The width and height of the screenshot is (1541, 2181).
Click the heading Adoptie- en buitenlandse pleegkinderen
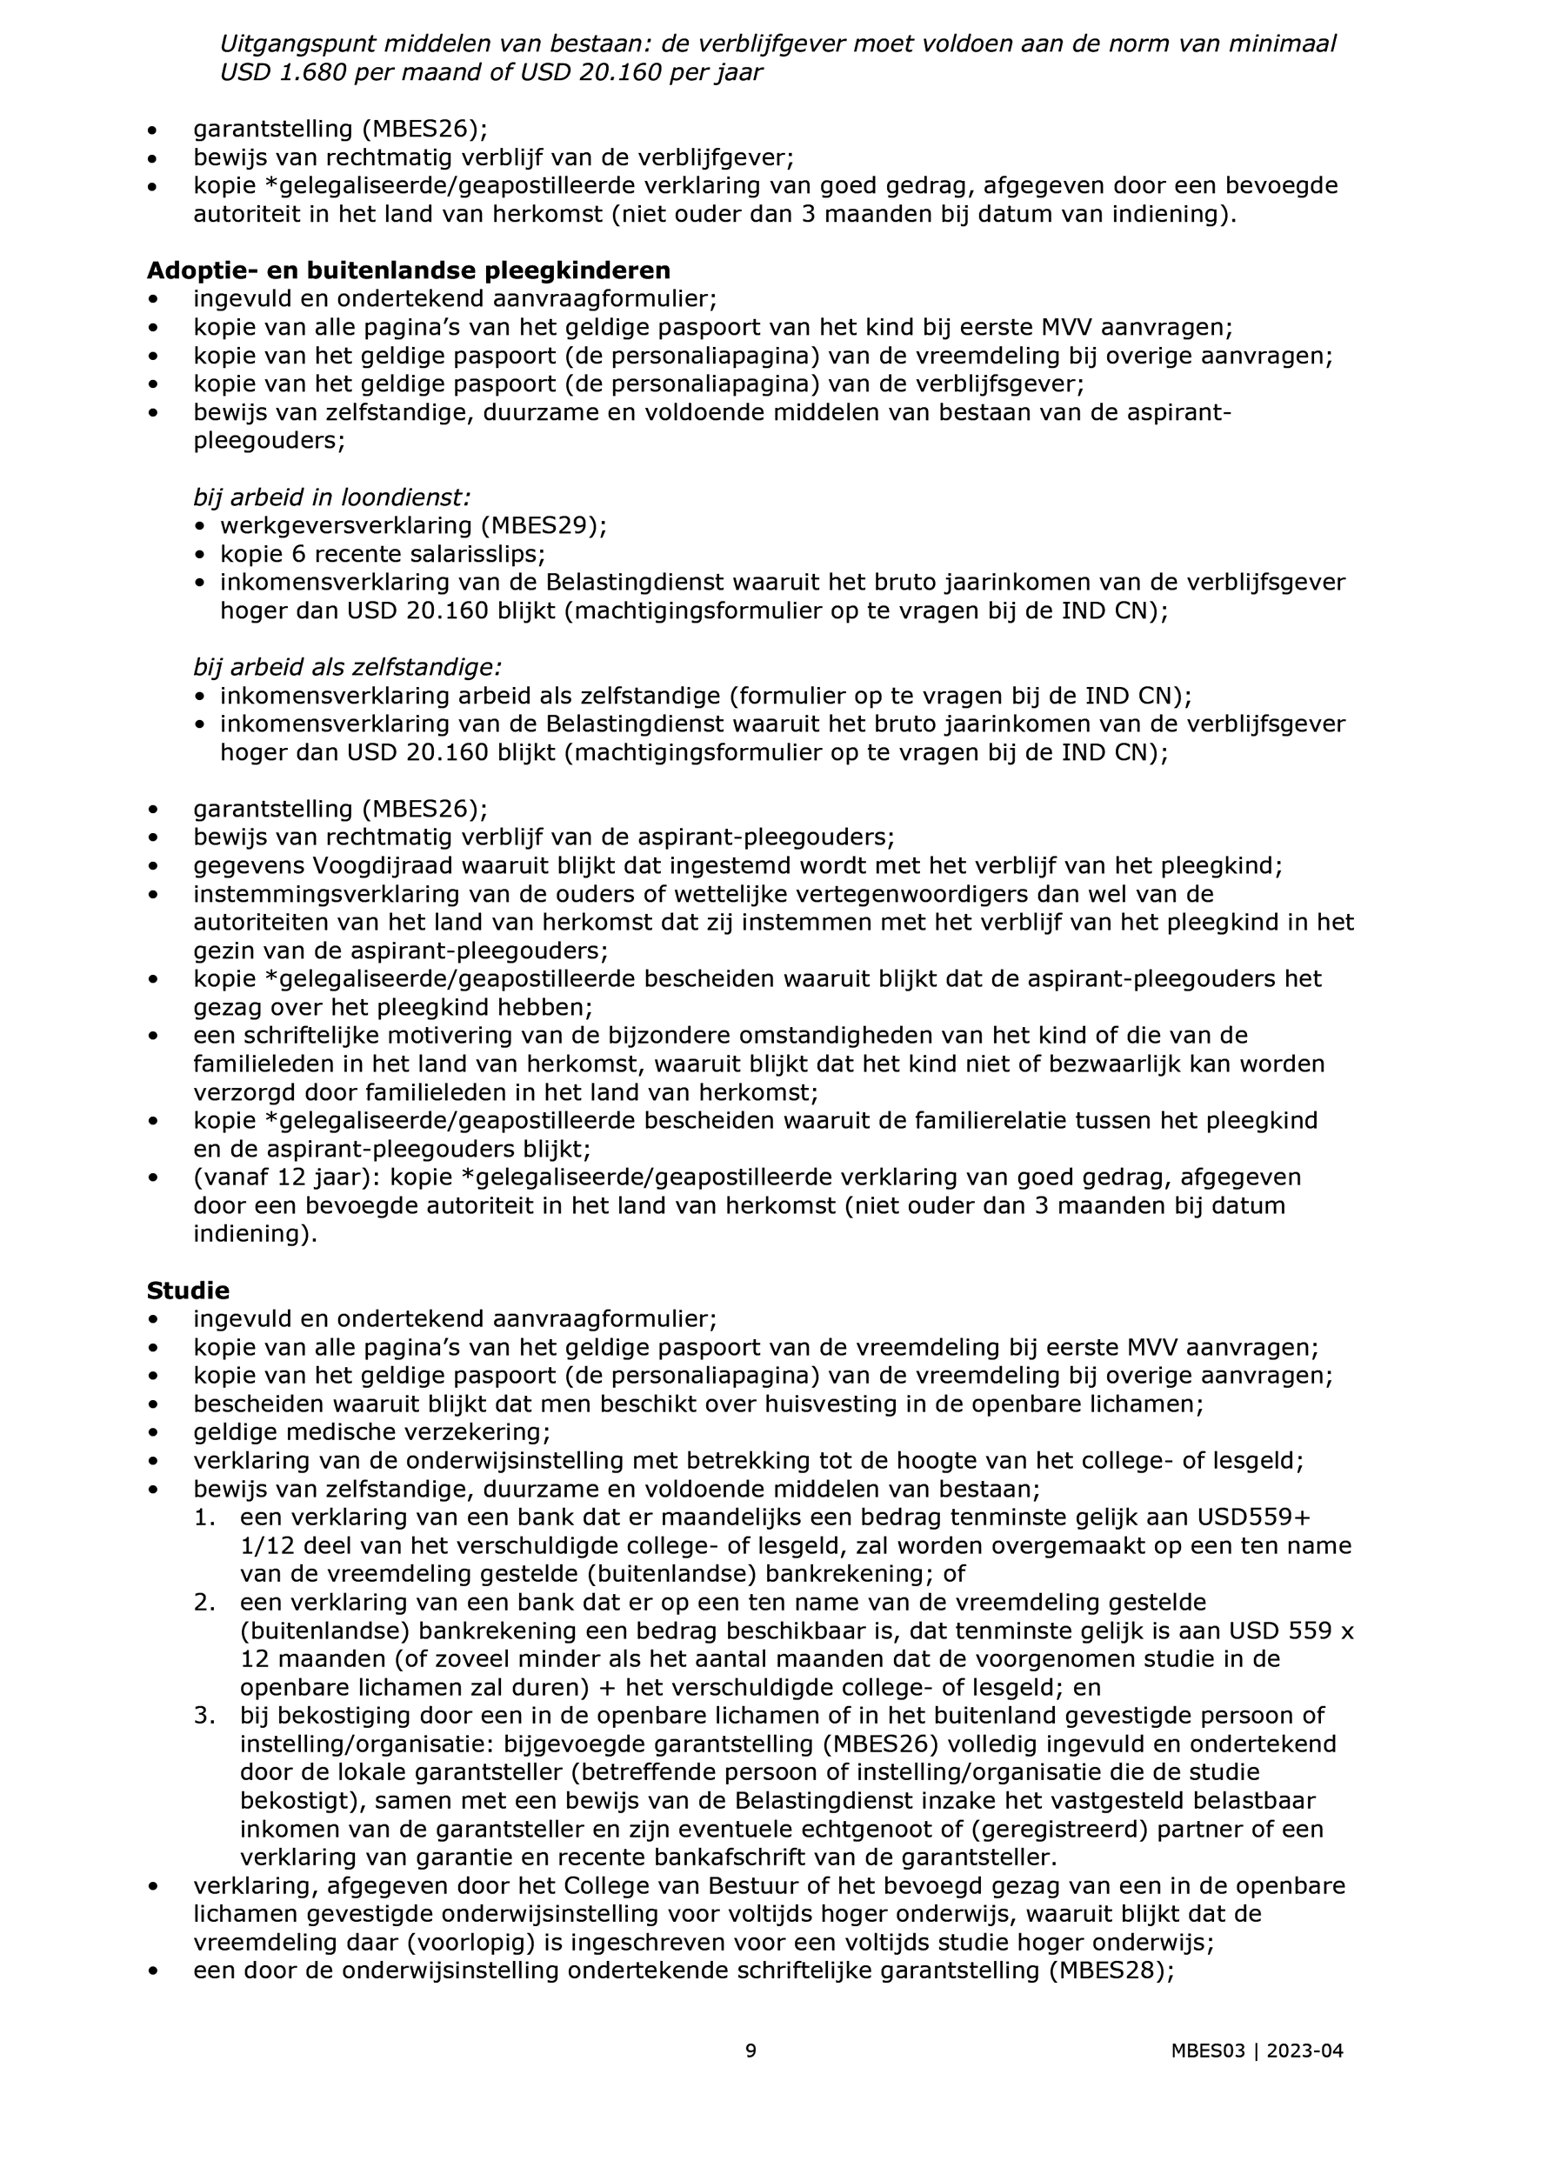pyautogui.click(x=409, y=270)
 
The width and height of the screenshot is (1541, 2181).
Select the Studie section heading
pyautogui.click(x=188, y=1290)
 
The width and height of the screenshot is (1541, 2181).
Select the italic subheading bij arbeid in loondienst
pyautogui.click(x=331, y=497)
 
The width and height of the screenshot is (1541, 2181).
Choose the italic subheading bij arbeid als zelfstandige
pyautogui.click(x=347, y=667)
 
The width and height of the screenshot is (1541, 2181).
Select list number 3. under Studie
pyautogui.click(x=205, y=1716)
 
